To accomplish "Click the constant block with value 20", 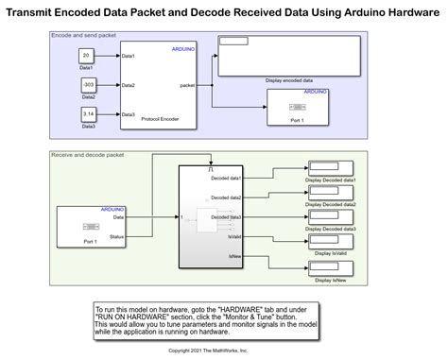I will [87, 56].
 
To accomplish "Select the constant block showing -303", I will [87, 85].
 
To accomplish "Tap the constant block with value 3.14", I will [87, 114].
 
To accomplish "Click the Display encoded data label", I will [289, 80].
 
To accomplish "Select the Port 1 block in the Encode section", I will [297, 109].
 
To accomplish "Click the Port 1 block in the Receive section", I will [91, 226].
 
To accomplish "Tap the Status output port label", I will [116, 236].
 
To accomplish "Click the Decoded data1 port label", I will [226, 178].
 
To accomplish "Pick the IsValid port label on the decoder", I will [233, 237].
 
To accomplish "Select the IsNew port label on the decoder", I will [233, 256].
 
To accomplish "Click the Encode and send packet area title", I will [84, 35].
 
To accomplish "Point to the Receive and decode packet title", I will [88, 154].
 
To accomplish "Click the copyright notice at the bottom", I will [208, 350].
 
